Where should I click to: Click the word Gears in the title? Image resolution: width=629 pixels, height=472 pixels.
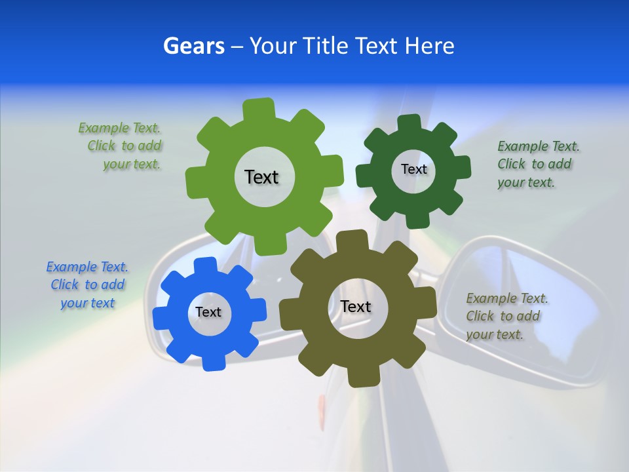193,46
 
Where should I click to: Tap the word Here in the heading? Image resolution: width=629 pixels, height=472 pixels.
430,46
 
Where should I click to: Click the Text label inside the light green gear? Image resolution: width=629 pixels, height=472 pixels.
261,177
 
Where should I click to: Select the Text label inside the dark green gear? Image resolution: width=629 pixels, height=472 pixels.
413,169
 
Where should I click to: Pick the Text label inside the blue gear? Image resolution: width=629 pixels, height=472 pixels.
208,312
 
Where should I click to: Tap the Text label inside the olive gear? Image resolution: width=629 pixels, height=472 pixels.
356,307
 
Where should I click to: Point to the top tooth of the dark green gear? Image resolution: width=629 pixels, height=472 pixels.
409,123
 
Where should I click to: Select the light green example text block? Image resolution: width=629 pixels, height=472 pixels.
121,146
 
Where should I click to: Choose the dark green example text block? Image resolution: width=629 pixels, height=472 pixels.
537,165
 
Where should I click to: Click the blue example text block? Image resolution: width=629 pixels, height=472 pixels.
87,285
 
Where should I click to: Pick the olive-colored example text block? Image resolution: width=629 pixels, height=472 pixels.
506,317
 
